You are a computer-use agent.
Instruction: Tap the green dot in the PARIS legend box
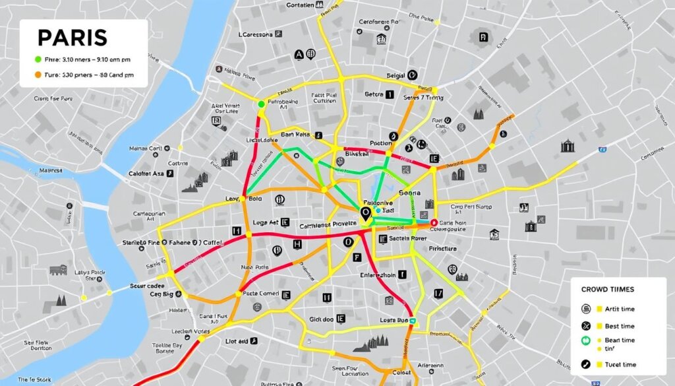38,59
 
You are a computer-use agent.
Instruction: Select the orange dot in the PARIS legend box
38,75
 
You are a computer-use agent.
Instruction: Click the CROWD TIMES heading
607,290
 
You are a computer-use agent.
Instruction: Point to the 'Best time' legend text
619,326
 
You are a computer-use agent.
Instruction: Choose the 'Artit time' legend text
619,309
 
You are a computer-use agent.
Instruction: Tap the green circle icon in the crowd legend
585,341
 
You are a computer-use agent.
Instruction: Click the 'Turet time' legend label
619,364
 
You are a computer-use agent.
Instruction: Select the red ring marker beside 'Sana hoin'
433,223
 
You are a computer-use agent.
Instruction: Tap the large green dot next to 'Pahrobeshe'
262,104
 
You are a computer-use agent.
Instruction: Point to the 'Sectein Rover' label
409,238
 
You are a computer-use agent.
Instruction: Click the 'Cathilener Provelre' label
323,225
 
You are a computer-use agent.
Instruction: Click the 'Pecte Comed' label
260,294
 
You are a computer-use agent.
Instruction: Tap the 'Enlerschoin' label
378,274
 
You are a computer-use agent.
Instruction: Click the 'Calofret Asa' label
146,174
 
